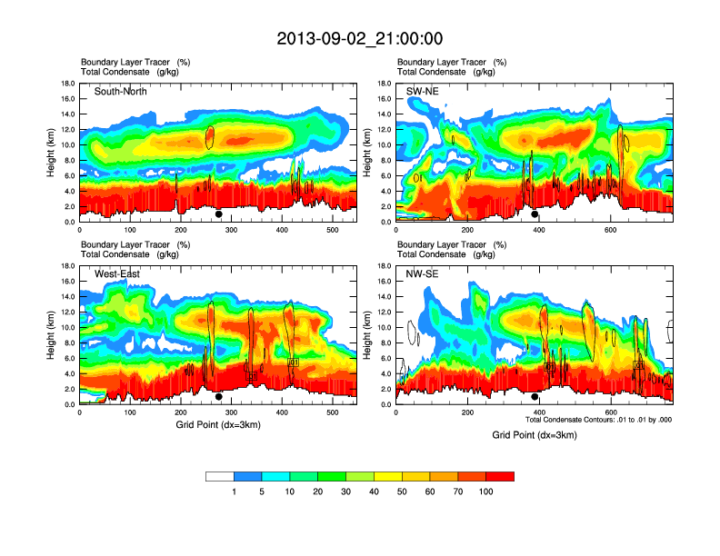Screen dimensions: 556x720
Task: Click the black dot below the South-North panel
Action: [219, 214]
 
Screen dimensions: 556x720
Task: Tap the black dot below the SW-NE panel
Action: [535, 214]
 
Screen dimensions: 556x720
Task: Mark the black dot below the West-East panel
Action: [219, 397]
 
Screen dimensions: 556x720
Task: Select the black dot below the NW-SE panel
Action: [535, 397]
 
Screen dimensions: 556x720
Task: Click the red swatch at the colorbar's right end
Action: [500, 476]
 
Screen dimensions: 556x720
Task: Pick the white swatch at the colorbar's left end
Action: [219, 476]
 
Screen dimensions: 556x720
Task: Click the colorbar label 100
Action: [486, 491]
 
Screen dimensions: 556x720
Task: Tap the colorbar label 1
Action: [234, 491]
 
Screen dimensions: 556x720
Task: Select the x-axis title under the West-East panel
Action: [217, 424]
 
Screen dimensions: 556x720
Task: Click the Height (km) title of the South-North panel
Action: [53, 153]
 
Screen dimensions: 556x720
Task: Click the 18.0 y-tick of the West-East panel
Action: [68, 266]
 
